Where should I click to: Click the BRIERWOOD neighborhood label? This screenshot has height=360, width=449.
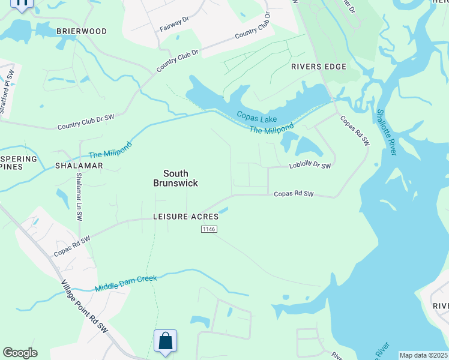pos(82,31)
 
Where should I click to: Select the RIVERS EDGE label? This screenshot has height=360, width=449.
pos(319,67)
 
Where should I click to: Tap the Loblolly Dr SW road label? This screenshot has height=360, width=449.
pos(310,166)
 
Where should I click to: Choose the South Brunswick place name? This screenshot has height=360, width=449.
pos(175,178)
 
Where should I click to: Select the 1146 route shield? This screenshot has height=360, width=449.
pos(208,229)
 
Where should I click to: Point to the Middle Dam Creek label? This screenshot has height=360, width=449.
pos(126,283)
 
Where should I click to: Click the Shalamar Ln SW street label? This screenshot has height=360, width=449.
pos(79,197)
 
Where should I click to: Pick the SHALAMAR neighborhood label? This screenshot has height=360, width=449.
pos(76,165)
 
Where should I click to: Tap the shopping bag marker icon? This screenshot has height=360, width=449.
pos(165,341)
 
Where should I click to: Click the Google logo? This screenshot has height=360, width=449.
pos(20,353)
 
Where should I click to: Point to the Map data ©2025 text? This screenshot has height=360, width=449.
pos(423,355)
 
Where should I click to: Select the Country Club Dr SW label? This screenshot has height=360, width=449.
pos(86,123)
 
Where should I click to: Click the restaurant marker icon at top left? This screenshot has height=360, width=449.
pos(22,3)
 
